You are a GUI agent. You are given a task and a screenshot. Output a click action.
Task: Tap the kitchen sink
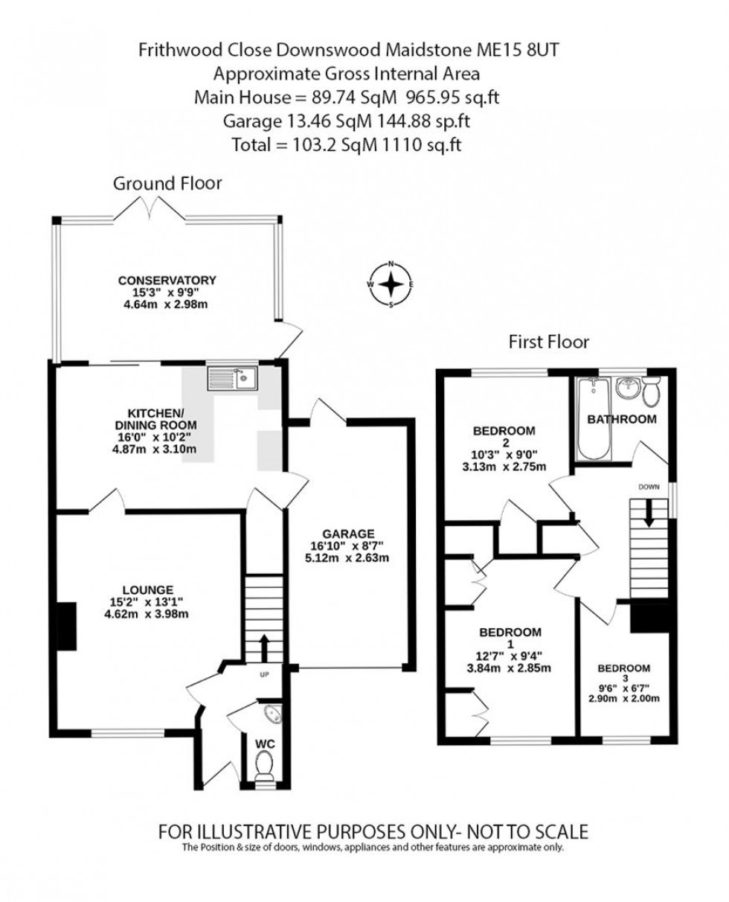point(232,378)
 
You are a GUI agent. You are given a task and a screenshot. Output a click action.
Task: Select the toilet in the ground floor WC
point(264,764)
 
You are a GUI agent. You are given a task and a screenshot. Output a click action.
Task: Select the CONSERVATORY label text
point(167,280)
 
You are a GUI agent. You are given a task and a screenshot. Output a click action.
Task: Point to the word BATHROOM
point(622,420)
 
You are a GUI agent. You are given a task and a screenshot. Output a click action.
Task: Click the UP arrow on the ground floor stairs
point(263,645)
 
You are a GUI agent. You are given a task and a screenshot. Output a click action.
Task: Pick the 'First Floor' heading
point(548,342)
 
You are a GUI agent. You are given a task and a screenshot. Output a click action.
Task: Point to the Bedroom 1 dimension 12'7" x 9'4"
point(510,656)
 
